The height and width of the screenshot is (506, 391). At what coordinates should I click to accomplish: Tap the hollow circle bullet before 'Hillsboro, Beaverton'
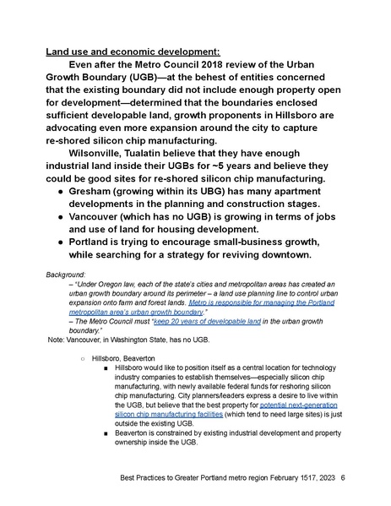coord(83,359)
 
